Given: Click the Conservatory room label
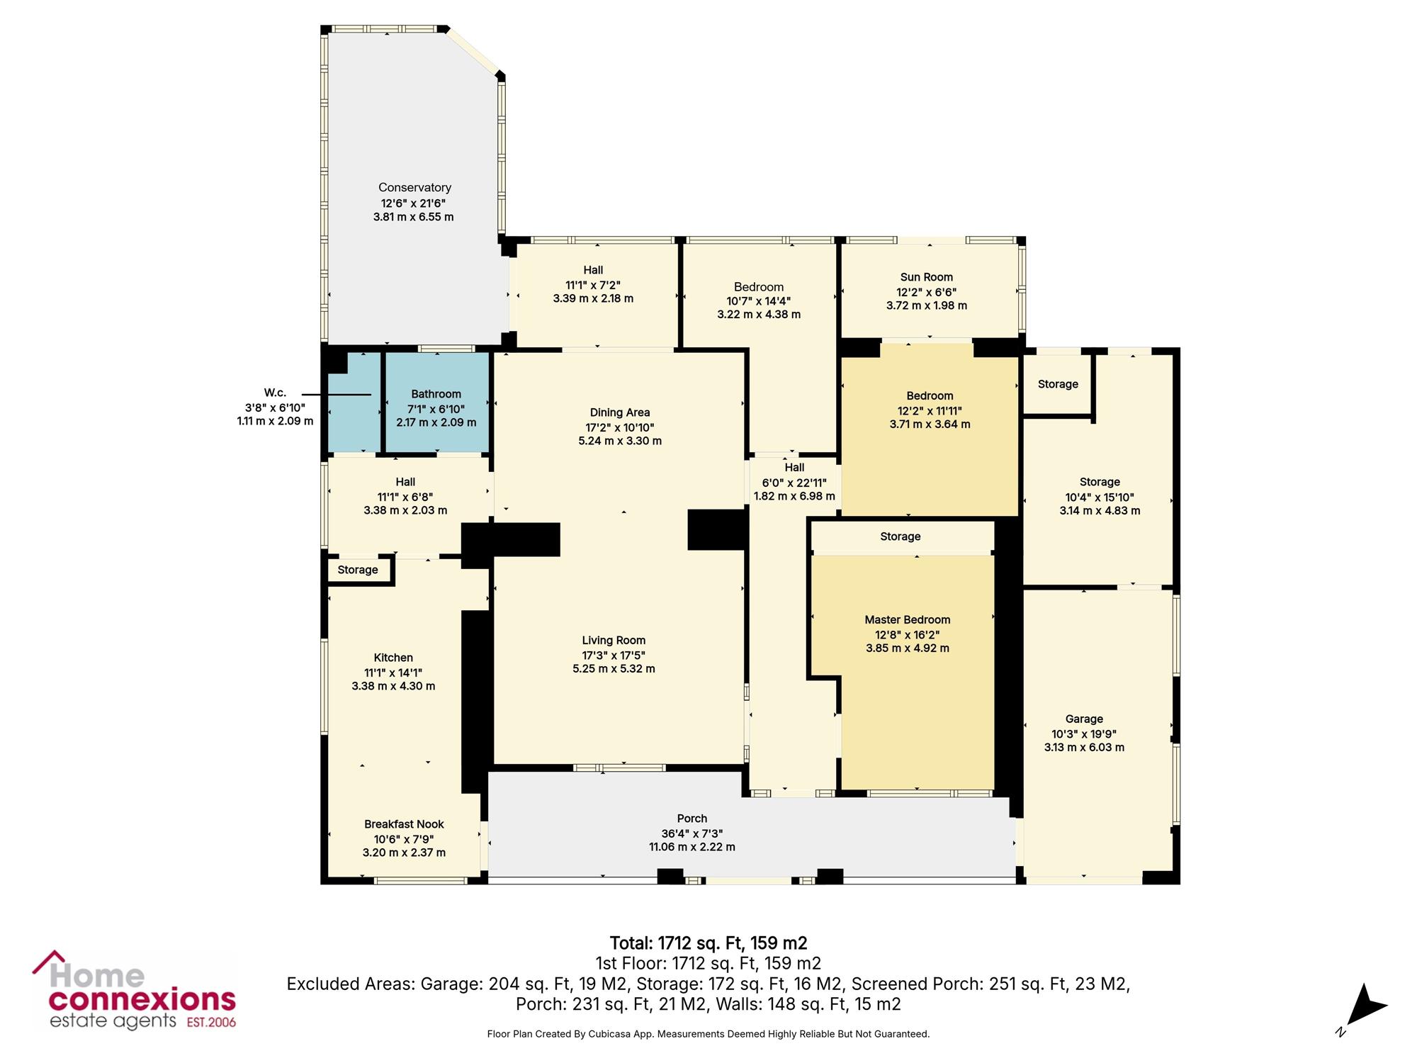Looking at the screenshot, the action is pos(414,188).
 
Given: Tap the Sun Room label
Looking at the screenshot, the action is pos(927,277).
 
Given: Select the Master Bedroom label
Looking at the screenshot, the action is pos(908,619).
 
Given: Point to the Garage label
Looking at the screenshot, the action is pos(1084,719).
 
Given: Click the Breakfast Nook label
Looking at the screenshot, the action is pos(404,824).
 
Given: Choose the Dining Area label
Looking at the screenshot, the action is pos(620,412).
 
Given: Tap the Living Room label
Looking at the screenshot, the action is pos(614,641).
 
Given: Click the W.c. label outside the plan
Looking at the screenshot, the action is pos(275,393).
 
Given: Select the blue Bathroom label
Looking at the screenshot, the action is pos(436,394).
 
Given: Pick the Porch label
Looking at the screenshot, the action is pos(692,819).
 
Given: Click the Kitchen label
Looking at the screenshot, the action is pos(393,658).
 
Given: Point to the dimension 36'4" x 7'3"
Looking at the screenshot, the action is pos(692,833).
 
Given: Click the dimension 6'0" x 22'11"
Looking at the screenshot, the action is pos(794,483).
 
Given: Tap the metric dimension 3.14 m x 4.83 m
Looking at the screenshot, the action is pos(1100,510).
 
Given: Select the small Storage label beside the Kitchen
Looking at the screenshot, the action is pos(358,570).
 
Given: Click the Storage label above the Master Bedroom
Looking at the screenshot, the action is pos(901,536).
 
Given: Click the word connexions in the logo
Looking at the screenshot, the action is pos(142,1000).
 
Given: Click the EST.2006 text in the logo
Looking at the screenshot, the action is pos(211,1023).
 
